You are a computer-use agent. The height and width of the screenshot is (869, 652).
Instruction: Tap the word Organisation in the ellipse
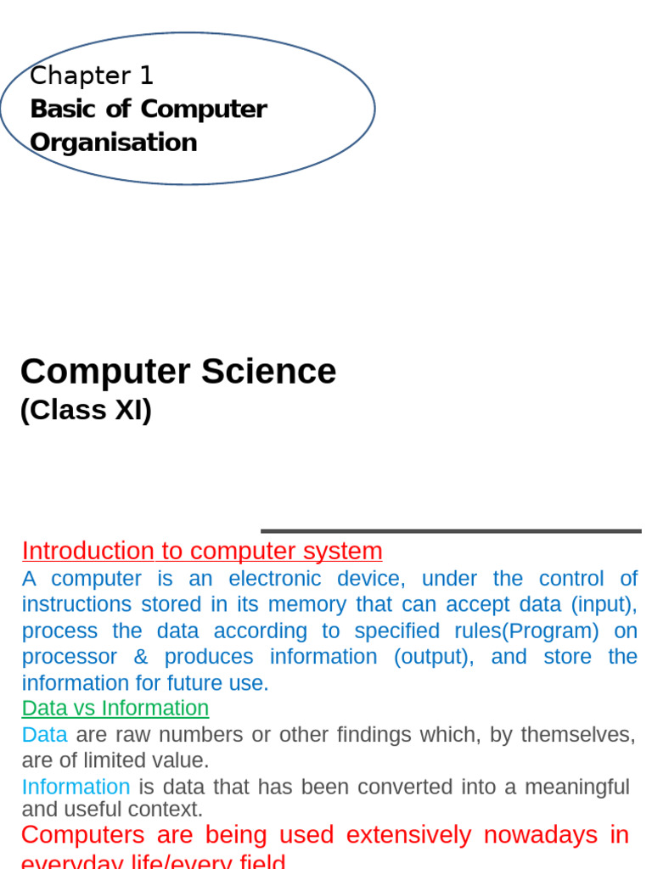point(114,143)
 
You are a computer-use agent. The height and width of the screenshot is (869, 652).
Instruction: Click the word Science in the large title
point(268,372)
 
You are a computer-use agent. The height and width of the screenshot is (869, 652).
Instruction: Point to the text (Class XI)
point(86,411)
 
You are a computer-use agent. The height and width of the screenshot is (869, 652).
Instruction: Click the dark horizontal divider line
point(450,531)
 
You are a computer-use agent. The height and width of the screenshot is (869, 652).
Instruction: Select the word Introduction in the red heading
point(87,552)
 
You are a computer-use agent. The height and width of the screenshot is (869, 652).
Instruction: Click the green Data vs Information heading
point(115,709)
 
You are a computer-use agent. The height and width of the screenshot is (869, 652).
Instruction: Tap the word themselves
point(577,735)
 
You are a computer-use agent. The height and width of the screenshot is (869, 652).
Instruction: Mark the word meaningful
point(577,788)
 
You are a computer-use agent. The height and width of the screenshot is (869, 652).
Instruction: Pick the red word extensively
point(408,835)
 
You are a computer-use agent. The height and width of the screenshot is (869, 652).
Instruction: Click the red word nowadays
point(541,835)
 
